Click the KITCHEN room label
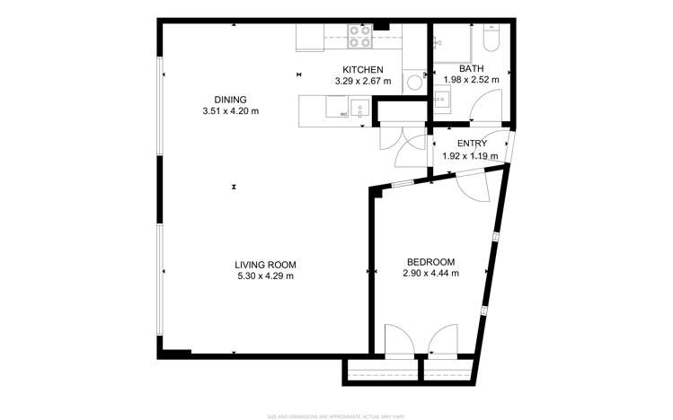pyautogui.click(x=363, y=70)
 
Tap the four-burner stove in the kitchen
pyautogui.click(x=360, y=36)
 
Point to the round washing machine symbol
pyautogui.click(x=412, y=83)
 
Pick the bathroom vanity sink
pyautogui.click(x=442, y=100)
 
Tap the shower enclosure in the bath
pyautogui.click(x=450, y=41)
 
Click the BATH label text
pyautogui.click(x=471, y=69)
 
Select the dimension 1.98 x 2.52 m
pyautogui.click(x=471, y=81)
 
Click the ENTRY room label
pyautogui.click(x=472, y=144)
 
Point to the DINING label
pyautogui.click(x=230, y=100)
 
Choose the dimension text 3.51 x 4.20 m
pyautogui.click(x=230, y=111)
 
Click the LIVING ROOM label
pyautogui.click(x=265, y=265)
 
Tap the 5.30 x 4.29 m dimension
pyautogui.click(x=265, y=276)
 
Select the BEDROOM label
pyautogui.click(x=431, y=262)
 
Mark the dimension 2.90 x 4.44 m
pyautogui.click(x=431, y=274)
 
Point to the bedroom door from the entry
pyautogui.click(x=470, y=184)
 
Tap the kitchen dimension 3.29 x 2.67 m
pyautogui.click(x=363, y=82)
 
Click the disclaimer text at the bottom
pyautogui.click(x=335, y=416)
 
